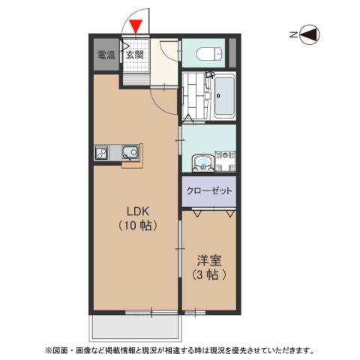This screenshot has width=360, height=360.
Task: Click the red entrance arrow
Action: pyautogui.click(x=134, y=28)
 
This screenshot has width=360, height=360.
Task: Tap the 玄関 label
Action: pyautogui.click(x=134, y=55)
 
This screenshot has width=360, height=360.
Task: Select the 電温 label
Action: pyautogui.click(x=106, y=55)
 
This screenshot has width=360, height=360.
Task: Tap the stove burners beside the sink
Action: pyautogui.click(x=103, y=153)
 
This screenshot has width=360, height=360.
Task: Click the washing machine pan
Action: pyautogui.click(x=225, y=161)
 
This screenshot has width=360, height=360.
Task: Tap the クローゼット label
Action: pyautogui.click(x=209, y=191)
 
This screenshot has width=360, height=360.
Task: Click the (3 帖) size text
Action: pyautogui.click(x=208, y=274)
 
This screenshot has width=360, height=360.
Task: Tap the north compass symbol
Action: pyautogui.click(x=309, y=34)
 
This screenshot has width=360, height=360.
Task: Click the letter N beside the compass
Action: pyautogui.click(x=292, y=34)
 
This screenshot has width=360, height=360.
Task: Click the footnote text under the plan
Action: pyautogui.click(x=180, y=350)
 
